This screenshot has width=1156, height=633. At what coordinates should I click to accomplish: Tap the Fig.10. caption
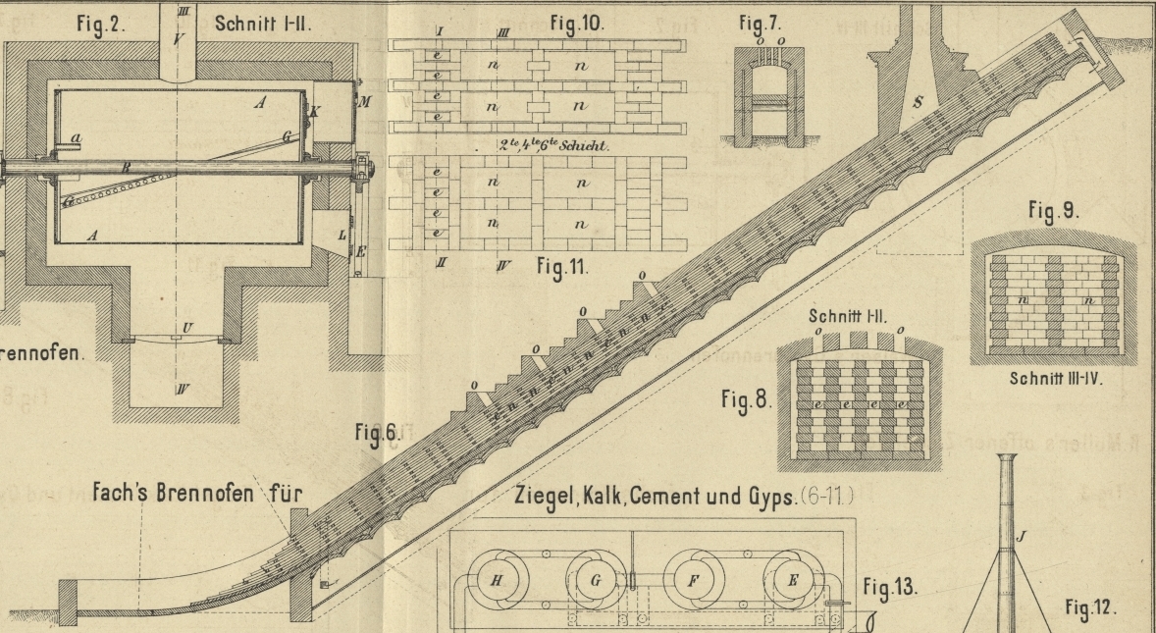click(x=578, y=22)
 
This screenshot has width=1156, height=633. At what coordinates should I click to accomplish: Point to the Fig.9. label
click(x=1054, y=211)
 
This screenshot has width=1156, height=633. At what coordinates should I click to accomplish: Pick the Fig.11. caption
click(x=562, y=266)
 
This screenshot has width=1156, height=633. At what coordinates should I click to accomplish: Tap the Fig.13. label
click(x=891, y=588)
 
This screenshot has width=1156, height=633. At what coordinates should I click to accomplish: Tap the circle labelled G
click(x=596, y=580)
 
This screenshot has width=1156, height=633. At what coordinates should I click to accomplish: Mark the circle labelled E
click(x=793, y=580)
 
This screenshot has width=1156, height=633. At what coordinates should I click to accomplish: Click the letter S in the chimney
click(x=918, y=99)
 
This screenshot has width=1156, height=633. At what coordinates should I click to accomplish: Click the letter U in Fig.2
click(x=185, y=326)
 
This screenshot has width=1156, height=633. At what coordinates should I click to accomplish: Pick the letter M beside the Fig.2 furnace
click(x=365, y=102)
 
